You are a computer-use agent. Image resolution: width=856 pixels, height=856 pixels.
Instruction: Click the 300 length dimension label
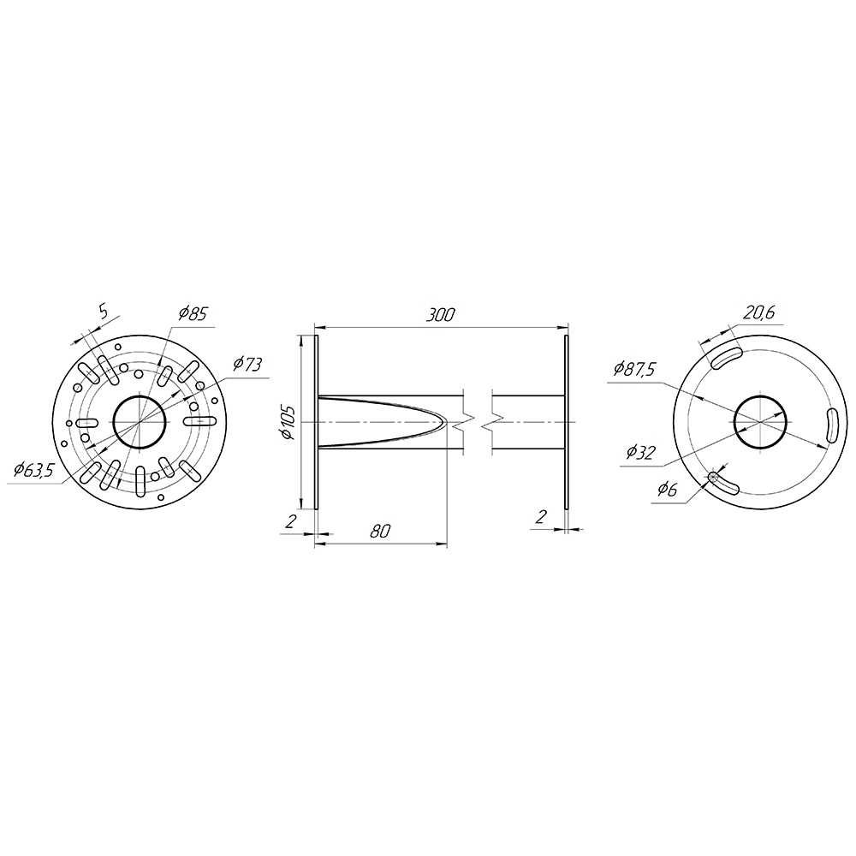pyautogui.click(x=441, y=315)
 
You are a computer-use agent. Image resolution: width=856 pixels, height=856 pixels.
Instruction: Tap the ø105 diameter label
pyautogui.click(x=287, y=423)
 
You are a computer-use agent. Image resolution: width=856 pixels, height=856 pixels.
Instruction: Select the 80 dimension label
pyautogui.click(x=381, y=530)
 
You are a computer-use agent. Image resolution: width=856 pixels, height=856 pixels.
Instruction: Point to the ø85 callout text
pyautogui.click(x=192, y=314)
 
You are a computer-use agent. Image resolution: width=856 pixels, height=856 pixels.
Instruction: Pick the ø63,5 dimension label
pyautogui.click(x=33, y=469)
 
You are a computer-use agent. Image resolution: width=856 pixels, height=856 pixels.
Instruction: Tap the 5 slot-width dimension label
pyautogui.click(x=104, y=311)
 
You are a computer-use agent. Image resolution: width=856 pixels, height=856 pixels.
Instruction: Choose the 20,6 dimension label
pyautogui.click(x=758, y=312)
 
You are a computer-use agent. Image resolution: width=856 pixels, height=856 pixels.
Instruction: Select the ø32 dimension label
pyautogui.click(x=639, y=452)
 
